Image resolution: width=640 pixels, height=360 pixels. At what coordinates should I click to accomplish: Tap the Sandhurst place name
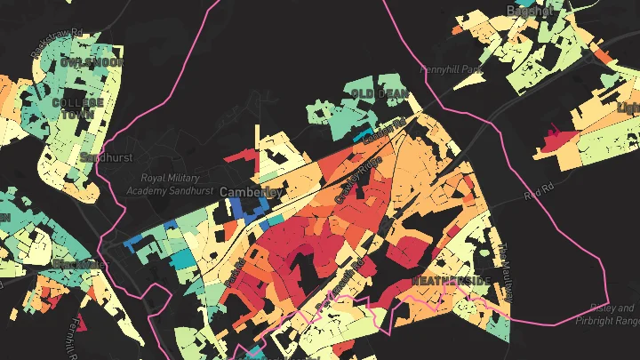pos(99,157)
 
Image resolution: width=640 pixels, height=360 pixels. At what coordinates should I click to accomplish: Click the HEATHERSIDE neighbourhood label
pos(452,281)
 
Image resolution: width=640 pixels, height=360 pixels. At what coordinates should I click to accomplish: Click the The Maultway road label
pos(501,268)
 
